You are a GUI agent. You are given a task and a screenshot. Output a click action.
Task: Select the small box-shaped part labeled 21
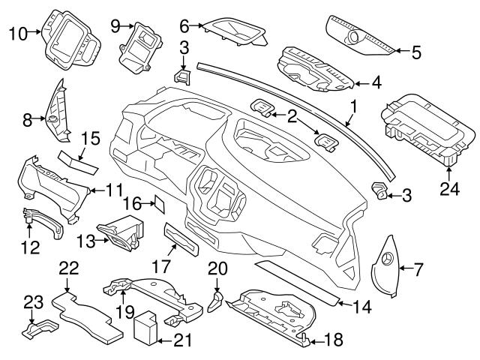146,328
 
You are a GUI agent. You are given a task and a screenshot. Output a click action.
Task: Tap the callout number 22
68,266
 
